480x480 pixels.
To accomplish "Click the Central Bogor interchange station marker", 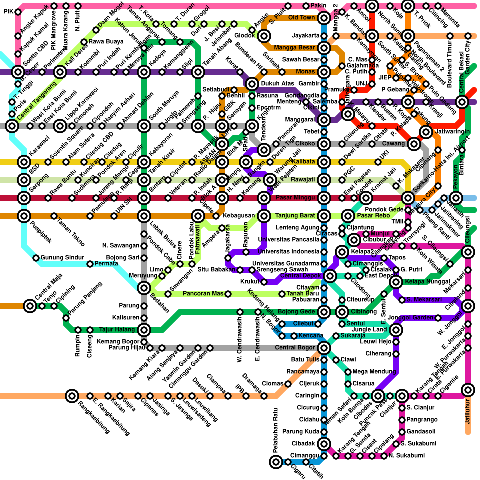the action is click(x=324, y=348).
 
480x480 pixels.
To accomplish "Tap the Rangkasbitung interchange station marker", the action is click(x=72, y=396).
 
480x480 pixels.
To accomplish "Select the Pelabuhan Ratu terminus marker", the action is click(x=276, y=462).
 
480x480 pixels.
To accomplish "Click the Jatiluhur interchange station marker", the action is click(x=468, y=390).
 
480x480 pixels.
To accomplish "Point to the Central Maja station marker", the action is click(x=30, y=306).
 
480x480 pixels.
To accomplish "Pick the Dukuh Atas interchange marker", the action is click(x=252, y=84).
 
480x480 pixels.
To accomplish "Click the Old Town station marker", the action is click(x=324, y=18).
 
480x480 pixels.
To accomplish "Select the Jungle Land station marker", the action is click(x=396, y=330).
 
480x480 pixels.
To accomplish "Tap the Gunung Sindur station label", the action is click(x=62, y=257).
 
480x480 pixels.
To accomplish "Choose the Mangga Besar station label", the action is click(x=294, y=47).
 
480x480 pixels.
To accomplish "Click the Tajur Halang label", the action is click(x=117, y=330).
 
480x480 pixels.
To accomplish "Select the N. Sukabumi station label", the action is click(x=406, y=456).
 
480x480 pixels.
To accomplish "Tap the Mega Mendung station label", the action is click(x=372, y=372).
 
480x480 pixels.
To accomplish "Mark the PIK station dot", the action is click(x=18, y=12).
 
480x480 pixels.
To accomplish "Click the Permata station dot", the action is click(x=90, y=264).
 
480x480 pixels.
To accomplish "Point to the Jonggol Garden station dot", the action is click(x=438, y=318).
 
